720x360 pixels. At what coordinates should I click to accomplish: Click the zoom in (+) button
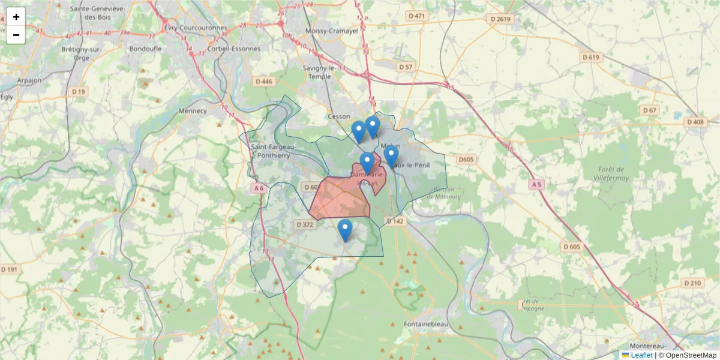pyautogui.click(x=16, y=17)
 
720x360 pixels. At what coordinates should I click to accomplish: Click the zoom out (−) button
pyautogui.click(x=16, y=35)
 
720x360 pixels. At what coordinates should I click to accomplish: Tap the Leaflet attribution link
pyautogui.click(x=641, y=355)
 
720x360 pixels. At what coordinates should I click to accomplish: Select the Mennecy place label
pyautogui.click(x=193, y=110)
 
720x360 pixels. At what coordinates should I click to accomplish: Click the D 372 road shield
pyautogui.click(x=305, y=224)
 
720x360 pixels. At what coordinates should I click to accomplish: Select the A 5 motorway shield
pyautogui.click(x=536, y=185)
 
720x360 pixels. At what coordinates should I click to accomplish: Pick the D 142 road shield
pyautogui.click(x=395, y=221)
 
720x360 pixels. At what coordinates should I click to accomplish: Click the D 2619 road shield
pyautogui.click(x=500, y=19)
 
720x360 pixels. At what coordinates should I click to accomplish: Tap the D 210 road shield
pyautogui.click(x=692, y=283)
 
